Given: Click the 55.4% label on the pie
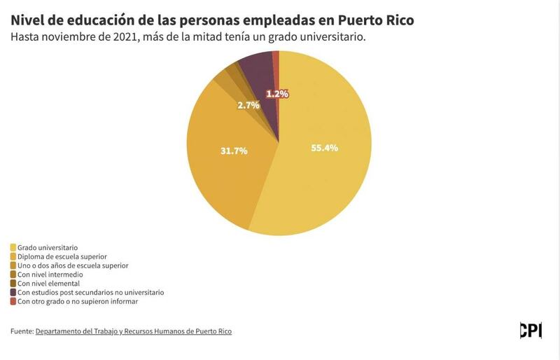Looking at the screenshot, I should click(x=325, y=148).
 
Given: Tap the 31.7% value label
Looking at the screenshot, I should click(x=234, y=150).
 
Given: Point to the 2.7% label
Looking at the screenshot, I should click(x=248, y=105).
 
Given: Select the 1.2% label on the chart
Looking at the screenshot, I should click(x=277, y=93).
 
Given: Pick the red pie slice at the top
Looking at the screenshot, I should click(x=276, y=63).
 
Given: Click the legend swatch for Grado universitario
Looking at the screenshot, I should click(x=13, y=247).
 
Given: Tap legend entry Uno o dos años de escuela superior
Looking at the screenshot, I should click(x=73, y=265).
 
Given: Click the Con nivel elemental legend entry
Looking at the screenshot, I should click(x=48, y=283).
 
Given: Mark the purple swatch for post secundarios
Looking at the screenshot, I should click(x=13, y=292).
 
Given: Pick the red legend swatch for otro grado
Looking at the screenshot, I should click(x=13, y=301).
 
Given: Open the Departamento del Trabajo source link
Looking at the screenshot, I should click(x=133, y=331).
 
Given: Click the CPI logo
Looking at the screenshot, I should click(x=531, y=330).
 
